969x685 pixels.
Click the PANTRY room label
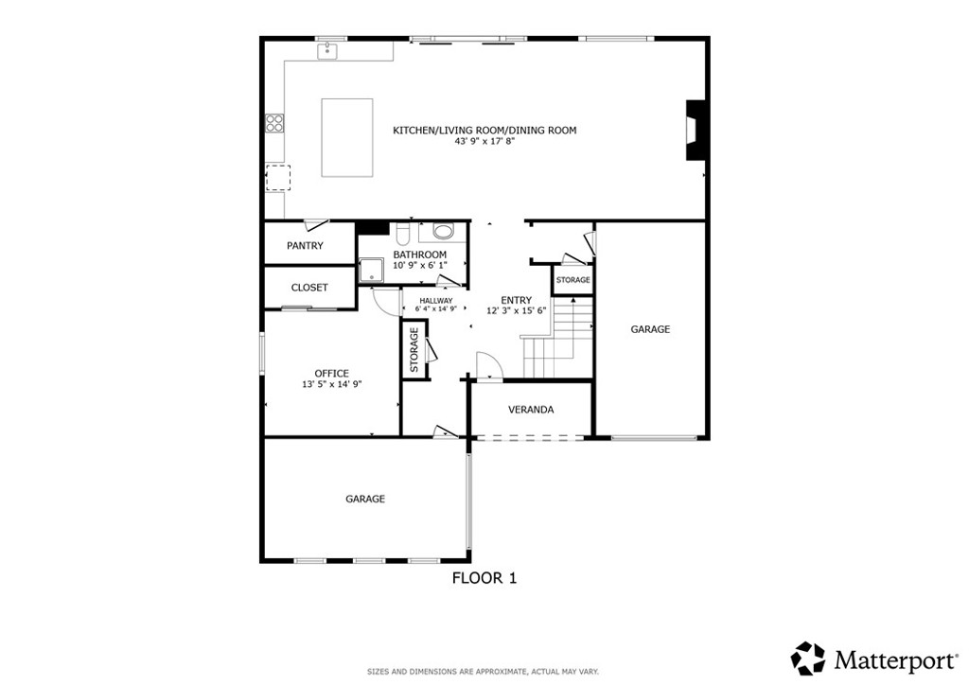pos(305,246)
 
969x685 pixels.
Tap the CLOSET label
pos(309,288)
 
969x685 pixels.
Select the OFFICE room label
pos(332,374)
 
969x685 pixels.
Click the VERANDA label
pos(531,410)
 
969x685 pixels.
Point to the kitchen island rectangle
pos(346,138)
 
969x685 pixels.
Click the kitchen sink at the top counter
pos(327,51)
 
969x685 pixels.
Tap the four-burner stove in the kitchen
pos(275,124)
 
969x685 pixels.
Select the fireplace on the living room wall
pos(695,131)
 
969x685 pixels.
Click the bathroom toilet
pos(402,235)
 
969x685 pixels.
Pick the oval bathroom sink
pos(443,232)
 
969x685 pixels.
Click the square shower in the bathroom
pos(372,272)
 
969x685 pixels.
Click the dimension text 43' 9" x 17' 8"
pos(484,142)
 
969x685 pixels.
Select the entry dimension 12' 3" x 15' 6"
pos(517,311)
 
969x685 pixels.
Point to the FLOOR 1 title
pos(484,578)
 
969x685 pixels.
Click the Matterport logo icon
pos(808,659)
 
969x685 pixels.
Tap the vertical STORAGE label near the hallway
pos(414,350)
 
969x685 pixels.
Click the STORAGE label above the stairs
pos(573,280)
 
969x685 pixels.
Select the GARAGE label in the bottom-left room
pos(365,499)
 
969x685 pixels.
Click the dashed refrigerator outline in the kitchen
pos(278,178)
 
